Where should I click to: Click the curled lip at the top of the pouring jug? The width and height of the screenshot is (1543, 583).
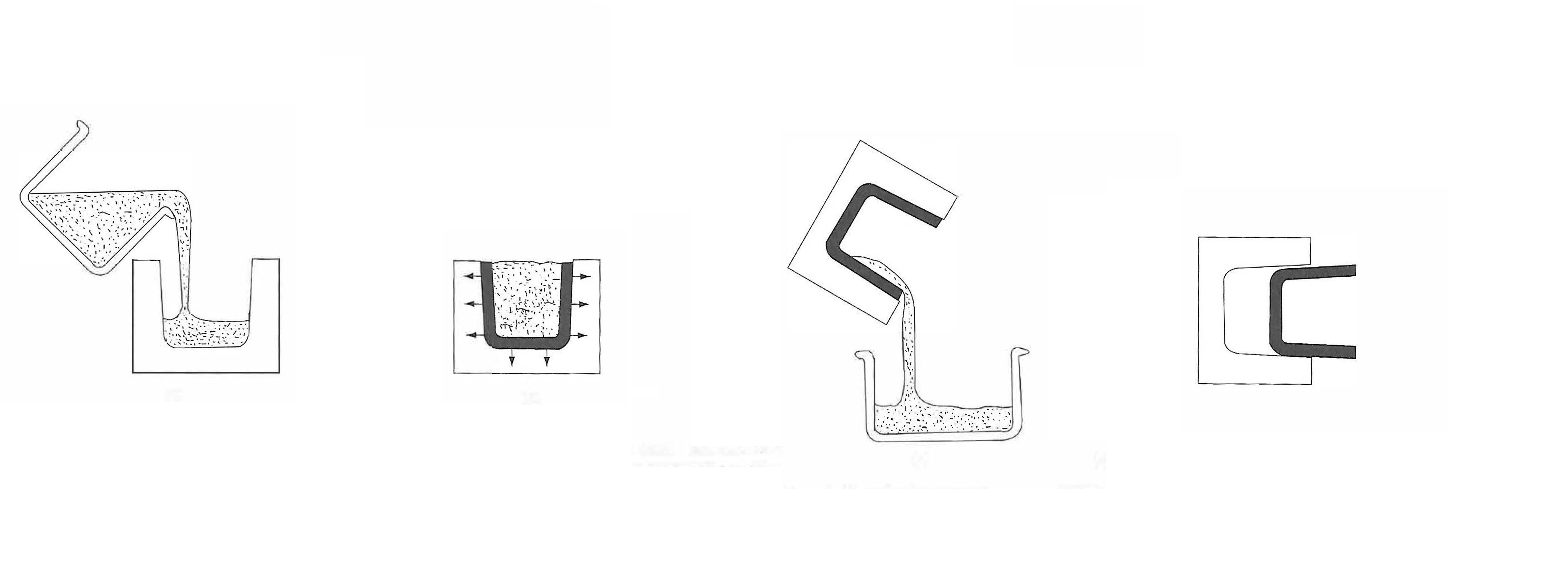[82, 128]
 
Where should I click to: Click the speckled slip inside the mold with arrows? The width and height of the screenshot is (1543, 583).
[527, 300]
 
